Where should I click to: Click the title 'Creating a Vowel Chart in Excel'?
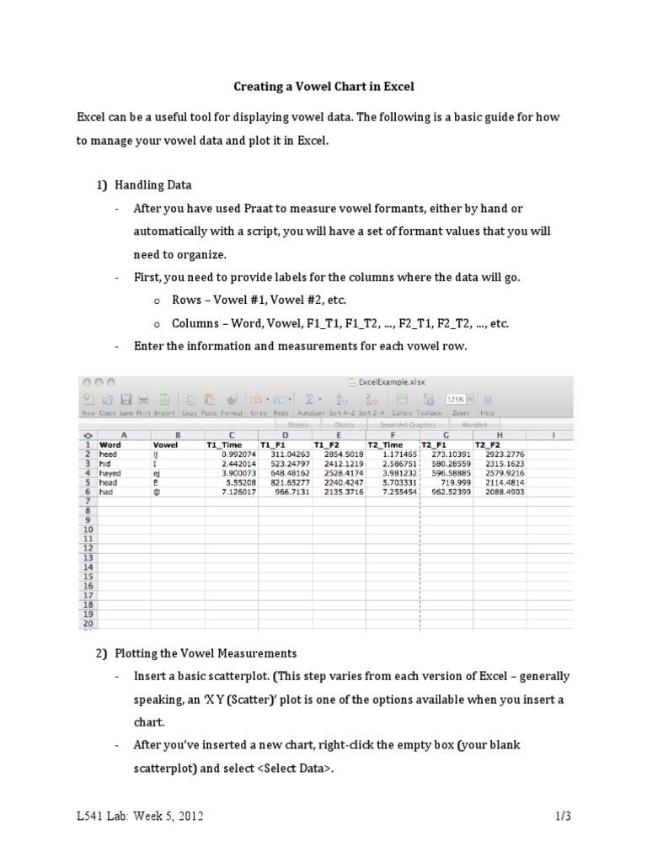(323, 86)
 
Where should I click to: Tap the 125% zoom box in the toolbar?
(455, 399)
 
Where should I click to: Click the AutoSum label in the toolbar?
(311, 413)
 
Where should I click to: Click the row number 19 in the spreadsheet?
(87, 615)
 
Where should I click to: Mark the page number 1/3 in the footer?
(563, 816)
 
